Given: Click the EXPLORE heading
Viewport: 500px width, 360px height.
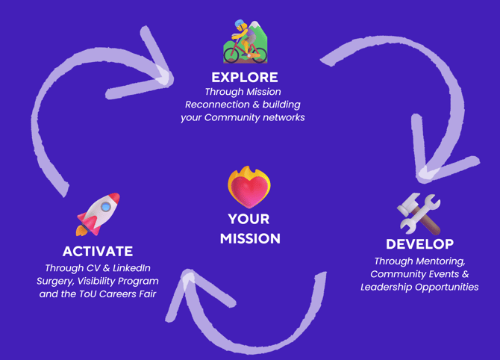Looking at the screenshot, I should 244,77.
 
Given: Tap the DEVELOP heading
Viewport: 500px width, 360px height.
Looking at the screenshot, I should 419,244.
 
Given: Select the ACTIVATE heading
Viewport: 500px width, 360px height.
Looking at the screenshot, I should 98,252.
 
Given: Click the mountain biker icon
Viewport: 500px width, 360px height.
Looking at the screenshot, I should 245,43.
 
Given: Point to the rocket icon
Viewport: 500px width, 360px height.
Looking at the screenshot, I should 98,214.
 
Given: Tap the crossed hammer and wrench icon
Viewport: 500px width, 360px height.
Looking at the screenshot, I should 419,214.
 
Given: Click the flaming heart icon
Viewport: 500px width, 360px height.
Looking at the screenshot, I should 249,187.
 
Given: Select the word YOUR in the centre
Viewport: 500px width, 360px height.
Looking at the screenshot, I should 249,220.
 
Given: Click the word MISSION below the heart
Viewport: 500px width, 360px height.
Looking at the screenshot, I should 250,239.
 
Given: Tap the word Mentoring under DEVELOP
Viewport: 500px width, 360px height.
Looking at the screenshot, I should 440,261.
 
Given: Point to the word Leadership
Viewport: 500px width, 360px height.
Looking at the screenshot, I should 388,287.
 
